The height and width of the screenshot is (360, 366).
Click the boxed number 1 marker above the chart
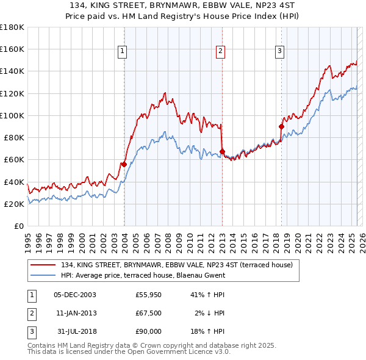[x=123, y=51]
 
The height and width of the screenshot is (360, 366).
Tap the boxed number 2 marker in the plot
[x=220, y=51]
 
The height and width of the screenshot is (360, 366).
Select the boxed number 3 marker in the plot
[x=279, y=51]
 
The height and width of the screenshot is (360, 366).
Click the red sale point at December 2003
[x=124, y=164]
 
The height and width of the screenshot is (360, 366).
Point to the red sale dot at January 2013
[x=222, y=151]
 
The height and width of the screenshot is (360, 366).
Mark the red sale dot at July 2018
[x=282, y=126]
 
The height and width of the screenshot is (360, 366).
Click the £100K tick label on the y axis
[x=12, y=115]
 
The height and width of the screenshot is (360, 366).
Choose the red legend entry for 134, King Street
[x=177, y=265]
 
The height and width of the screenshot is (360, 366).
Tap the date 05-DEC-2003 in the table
[x=75, y=295]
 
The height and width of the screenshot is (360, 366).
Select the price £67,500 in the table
[x=148, y=313]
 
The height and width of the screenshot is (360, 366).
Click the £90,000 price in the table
[x=148, y=331]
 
